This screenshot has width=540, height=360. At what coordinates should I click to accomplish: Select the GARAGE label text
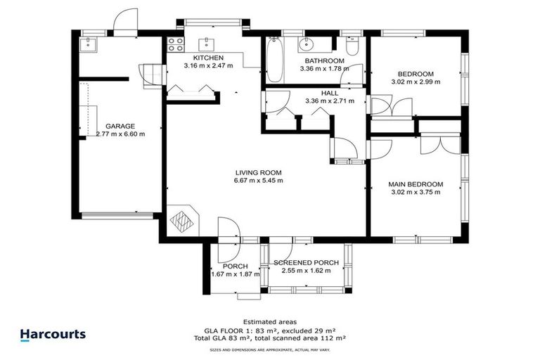point(120,126)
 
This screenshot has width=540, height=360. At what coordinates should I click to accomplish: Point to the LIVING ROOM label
point(258,172)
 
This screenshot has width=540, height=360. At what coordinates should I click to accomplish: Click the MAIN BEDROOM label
point(416,184)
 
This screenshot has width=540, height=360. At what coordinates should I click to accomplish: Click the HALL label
point(329,92)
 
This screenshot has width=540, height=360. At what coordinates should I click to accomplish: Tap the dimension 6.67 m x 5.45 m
point(258,181)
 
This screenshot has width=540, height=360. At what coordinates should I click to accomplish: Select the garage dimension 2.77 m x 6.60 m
point(120,134)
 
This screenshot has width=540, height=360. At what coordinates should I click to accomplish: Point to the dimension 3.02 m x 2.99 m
point(416,82)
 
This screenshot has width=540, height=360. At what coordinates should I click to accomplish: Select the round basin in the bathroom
point(307,46)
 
